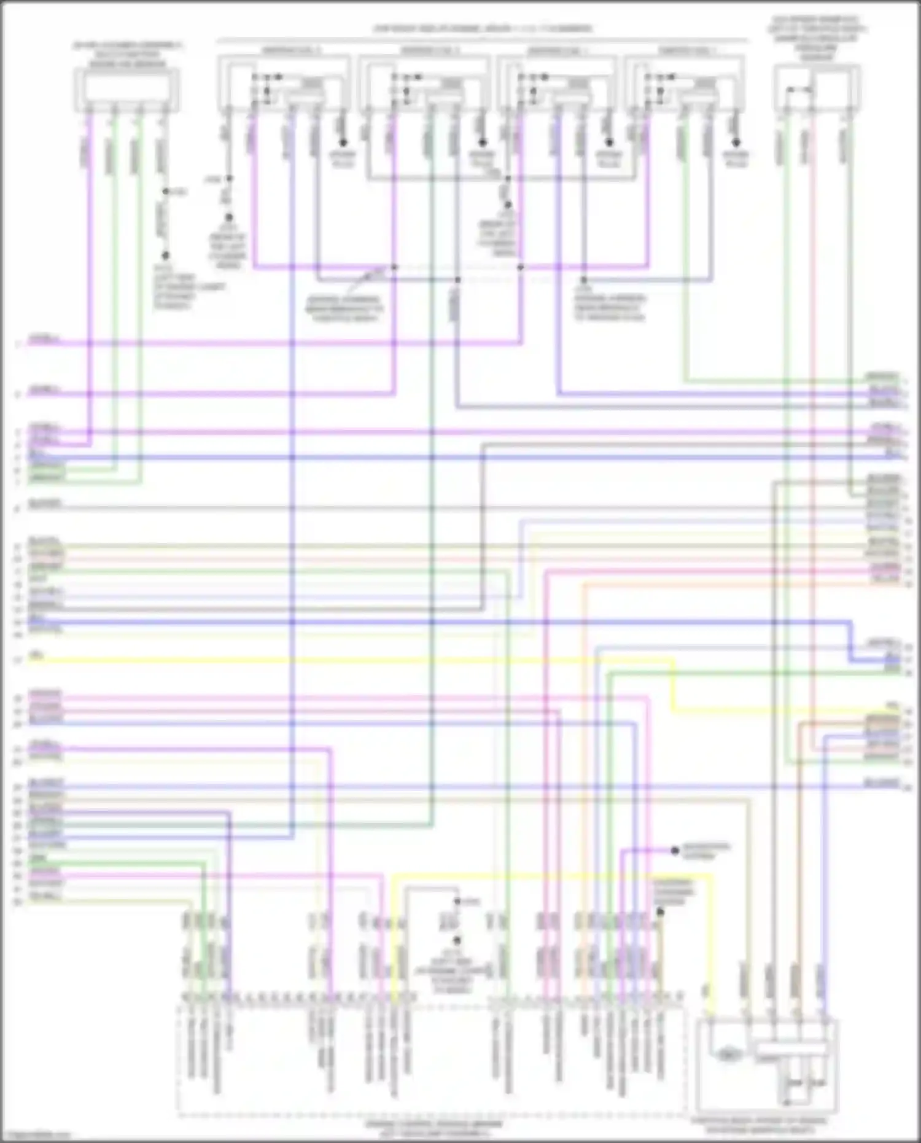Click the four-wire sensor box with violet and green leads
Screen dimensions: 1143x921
(x=126, y=90)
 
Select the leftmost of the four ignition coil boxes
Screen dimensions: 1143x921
(x=284, y=83)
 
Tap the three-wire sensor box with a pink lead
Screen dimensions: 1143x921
(x=817, y=88)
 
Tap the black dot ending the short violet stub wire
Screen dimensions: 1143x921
(x=675, y=851)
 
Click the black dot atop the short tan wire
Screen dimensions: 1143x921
(x=660, y=912)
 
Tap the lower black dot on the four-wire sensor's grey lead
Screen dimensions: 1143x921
(x=165, y=256)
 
